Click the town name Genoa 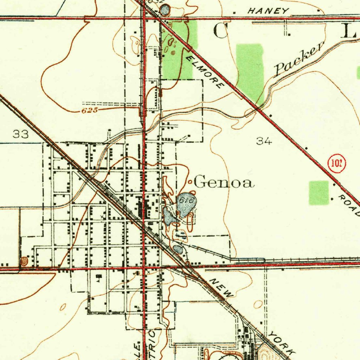[x=224, y=183]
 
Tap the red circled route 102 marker [x=336, y=163]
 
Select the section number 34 [x=264, y=141]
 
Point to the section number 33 [x=20, y=134]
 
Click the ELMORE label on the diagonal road [x=205, y=71]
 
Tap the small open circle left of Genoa [x=190, y=182]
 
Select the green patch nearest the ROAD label [x=319, y=193]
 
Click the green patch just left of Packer [x=250, y=70]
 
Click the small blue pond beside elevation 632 [x=165, y=9]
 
